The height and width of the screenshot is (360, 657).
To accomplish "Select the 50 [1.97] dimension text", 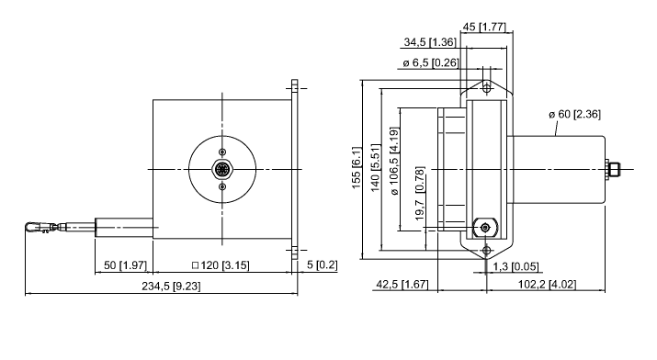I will [x=123, y=266].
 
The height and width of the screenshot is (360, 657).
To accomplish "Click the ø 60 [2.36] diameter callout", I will [x=574, y=114].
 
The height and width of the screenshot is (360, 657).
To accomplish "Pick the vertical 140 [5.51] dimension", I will [x=374, y=167].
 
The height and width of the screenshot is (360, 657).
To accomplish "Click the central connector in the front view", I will [x=221, y=169].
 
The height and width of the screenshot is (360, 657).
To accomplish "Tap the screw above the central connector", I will [x=221, y=152].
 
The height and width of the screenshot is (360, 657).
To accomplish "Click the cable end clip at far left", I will [x=39, y=226].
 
